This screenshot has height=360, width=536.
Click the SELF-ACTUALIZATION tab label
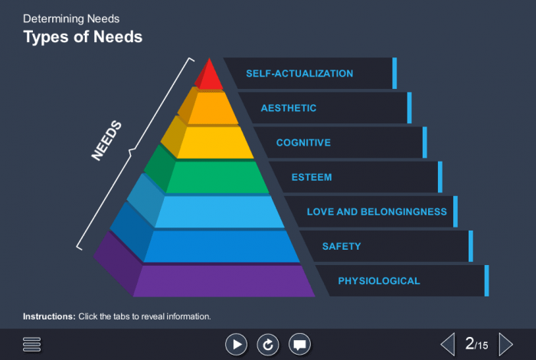(299, 74)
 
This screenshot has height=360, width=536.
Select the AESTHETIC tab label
(289, 108)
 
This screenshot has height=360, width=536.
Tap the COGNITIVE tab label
(303, 142)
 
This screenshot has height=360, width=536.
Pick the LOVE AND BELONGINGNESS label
(377, 211)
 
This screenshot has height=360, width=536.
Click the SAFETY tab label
(342, 246)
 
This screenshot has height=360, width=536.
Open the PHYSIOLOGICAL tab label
(379, 280)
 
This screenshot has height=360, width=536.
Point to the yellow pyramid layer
(214, 142)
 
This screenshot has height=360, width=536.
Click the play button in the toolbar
(236, 345)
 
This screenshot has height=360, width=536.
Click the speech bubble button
(299, 345)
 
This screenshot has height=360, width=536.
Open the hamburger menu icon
(31, 345)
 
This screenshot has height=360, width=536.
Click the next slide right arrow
(506, 344)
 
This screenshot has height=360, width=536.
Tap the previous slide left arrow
(448, 344)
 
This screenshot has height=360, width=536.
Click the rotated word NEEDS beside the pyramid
(106, 140)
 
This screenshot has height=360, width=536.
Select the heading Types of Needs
(83, 37)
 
